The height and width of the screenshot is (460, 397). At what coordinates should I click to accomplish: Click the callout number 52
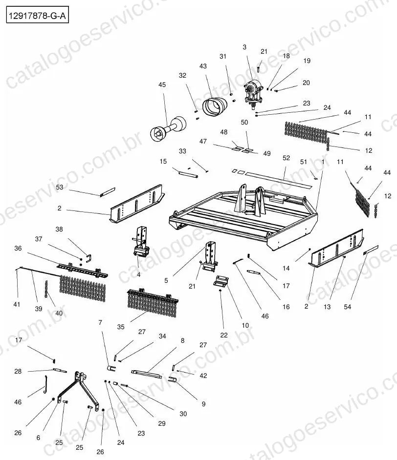click(x=286, y=158)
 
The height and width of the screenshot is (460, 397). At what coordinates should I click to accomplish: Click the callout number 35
click(x=121, y=327)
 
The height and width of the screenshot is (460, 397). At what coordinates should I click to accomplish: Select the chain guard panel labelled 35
click(x=153, y=304)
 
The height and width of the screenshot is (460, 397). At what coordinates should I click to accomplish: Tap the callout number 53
click(x=59, y=187)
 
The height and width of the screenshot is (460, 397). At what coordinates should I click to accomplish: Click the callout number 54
click(x=347, y=307)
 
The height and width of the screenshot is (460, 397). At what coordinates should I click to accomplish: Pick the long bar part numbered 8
click(x=146, y=374)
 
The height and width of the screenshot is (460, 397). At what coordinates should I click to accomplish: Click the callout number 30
click(x=183, y=414)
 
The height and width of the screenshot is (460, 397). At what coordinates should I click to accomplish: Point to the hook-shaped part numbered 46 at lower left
click(x=45, y=385)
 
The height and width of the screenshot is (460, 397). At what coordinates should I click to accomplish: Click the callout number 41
click(x=17, y=305)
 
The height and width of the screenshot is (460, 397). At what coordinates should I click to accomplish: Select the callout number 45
click(x=162, y=85)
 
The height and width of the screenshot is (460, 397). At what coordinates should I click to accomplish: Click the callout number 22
click(x=224, y=335)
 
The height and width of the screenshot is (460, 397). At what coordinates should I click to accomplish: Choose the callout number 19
click(x=307, y=61)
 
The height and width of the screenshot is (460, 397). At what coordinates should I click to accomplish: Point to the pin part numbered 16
click(x=254, y=272)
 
